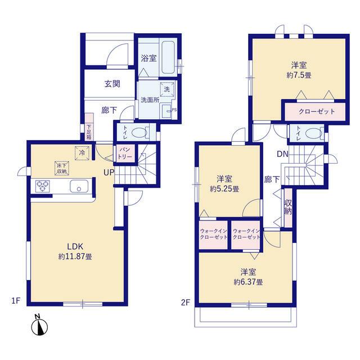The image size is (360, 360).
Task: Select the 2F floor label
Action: tap(185, 302)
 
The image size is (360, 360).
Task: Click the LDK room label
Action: tap(74, 246)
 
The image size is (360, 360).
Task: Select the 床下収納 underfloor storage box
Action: tap(61, 168)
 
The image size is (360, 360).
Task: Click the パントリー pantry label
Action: tap(124, 153)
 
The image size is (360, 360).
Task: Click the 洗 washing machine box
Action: tap(167, 89)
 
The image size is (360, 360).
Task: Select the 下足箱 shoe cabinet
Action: tap(89, 128)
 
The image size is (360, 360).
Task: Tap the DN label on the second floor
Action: tap(282, 154)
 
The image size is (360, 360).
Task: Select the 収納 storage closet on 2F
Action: tap(287, 207)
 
